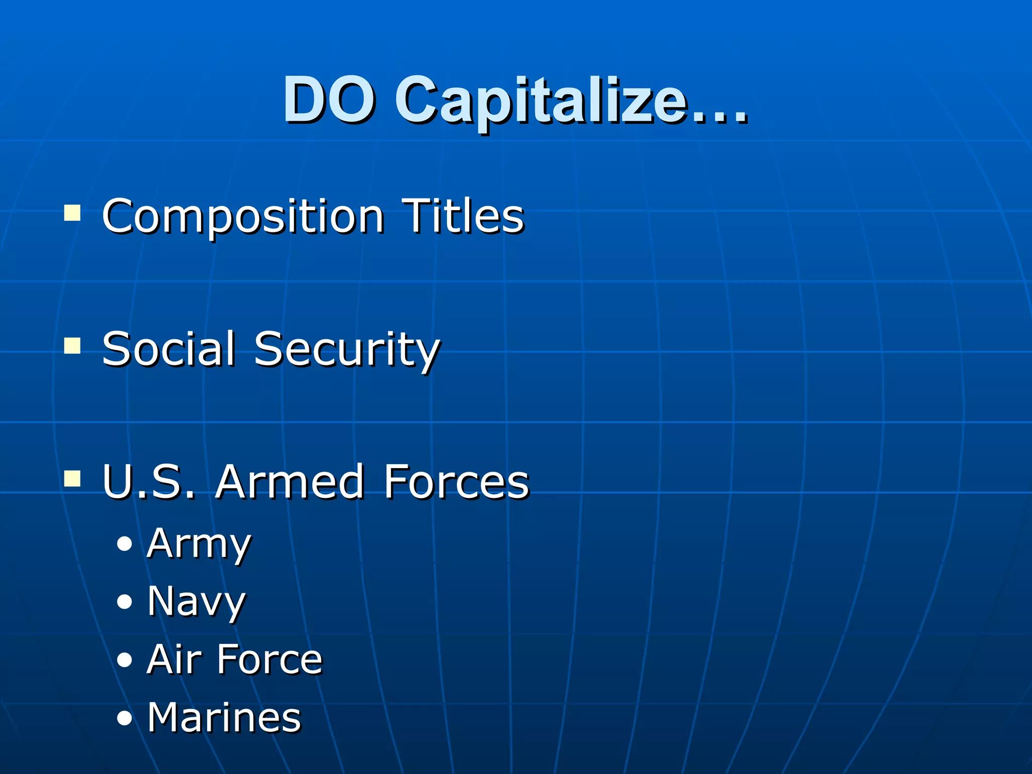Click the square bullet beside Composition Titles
tap(72, 213)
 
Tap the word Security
tap(347, 350)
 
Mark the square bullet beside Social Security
tap(72, 346)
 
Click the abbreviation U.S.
tap(149, 482)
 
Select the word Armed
tap(290, 482)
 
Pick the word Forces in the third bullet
tap(456, 482)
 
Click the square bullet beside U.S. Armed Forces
tap(72, 478)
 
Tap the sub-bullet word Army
tap(199, 545)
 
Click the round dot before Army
tap(124, 544)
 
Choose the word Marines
tap(224, 718)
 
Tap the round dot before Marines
tap(124, 718)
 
